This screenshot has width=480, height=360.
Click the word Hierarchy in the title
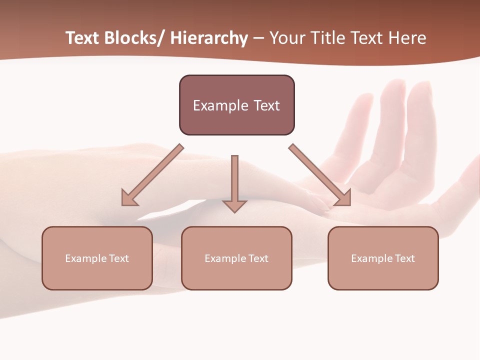point(208,38)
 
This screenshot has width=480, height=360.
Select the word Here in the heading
point(407,38)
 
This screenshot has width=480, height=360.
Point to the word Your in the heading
point(288,38)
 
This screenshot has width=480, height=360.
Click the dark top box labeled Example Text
point(236,105)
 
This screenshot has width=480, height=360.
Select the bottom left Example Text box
point(97,258)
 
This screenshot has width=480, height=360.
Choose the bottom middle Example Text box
point(236,258)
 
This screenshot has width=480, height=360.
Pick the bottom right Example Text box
point(383,258)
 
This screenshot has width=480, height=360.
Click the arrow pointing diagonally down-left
point(152,175)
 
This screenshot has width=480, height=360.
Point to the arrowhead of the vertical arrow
point(234,205)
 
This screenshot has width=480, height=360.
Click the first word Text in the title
point(84,38)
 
